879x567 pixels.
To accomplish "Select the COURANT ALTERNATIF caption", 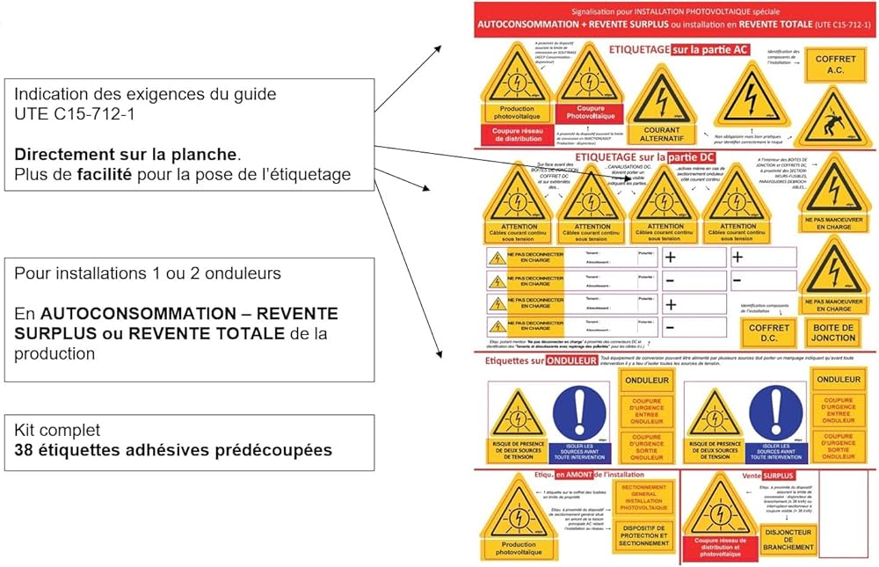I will coord(661,134).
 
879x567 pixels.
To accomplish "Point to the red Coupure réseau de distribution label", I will coord(517,134).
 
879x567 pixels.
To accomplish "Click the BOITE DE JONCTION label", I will coord(833,331).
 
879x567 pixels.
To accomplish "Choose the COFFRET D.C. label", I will coord(768,331).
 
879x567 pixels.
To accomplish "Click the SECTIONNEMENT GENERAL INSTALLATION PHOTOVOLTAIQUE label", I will coord(643,497).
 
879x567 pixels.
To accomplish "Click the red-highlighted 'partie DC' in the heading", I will coord(699,156).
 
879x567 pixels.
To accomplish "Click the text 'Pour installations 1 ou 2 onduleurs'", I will coord(148,273).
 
